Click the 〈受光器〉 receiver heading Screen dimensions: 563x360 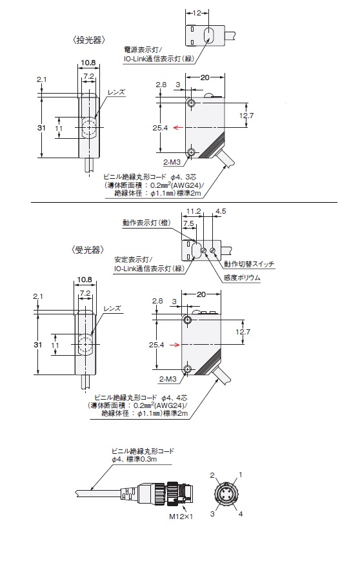pyautogui.click(x=86, y=250)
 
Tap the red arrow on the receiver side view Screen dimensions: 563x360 pyautogui.click(x=175, y=343)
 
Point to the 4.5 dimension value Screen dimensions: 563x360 pyautogui.click(x=220, y=210)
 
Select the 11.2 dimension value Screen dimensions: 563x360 pyautogui.click(x=193, y=210)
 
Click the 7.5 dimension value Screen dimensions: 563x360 pyautogui.click(x=188, y=223)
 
